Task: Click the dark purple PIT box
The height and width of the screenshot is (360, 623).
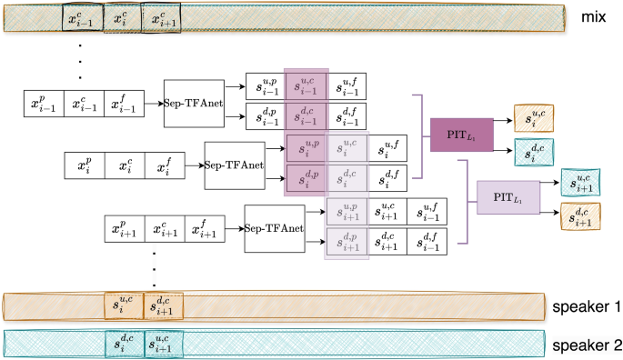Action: (x=459, y=135)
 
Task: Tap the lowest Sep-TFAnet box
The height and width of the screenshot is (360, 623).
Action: (x=273, y=229)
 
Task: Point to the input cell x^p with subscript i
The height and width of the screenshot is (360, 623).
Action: (x=85, y=166)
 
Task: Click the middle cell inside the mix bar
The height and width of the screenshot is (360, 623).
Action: (x=123, y=19)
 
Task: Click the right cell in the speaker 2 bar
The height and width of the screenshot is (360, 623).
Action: (x=164, y=343)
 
